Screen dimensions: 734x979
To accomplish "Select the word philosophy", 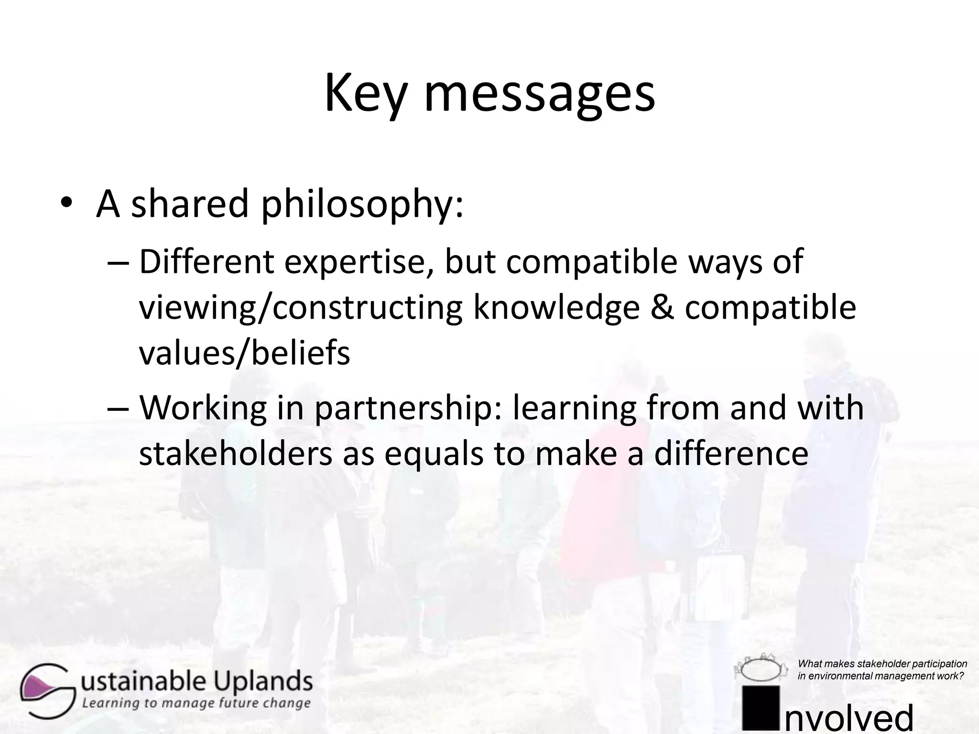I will tap(362, 204).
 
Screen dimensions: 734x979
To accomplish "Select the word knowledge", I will tap(556, 308).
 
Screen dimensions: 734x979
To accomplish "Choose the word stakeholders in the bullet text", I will tap(235, 454).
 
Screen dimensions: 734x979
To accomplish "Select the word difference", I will tap(731, 454).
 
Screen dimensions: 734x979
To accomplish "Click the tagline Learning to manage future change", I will tap(196, 703).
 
